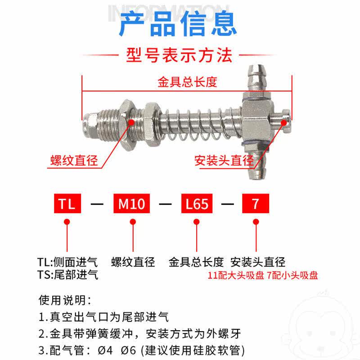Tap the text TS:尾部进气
coord(67,274)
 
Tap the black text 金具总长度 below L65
coord(196,262)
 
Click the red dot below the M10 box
coord(132,222)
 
